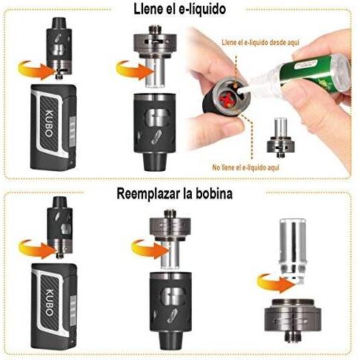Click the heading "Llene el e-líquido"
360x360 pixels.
179,10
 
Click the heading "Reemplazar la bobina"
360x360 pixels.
174,193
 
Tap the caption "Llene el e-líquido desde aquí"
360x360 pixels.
260,42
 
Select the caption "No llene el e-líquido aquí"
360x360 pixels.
246,167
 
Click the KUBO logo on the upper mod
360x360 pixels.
49,124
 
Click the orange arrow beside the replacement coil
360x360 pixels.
275,283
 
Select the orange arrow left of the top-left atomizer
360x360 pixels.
37,70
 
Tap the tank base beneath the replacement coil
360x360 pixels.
293,319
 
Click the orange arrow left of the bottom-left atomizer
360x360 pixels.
38,249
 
